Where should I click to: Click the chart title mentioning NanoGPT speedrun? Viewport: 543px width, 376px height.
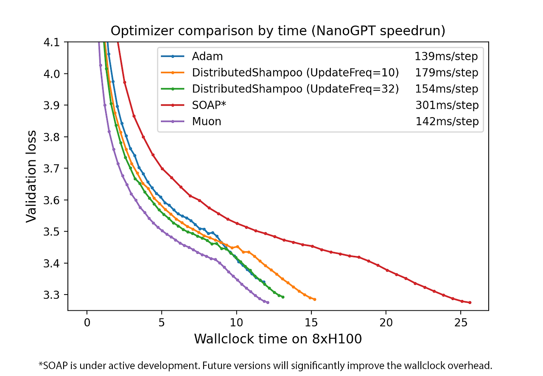coord(277,31)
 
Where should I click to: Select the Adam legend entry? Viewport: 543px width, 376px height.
coord(207,56)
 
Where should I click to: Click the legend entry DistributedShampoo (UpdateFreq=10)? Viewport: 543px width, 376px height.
coord(295,73)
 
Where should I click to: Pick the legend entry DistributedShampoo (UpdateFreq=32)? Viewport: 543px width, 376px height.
coord(295,89)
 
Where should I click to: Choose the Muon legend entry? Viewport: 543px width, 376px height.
coord(206,121)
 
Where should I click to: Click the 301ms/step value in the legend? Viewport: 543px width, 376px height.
coord(447,105)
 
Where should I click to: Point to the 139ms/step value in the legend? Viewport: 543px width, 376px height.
coord(446,56)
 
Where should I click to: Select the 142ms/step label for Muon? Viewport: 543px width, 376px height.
coord(447,121)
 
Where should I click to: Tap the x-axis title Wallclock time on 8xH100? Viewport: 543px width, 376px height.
coord(278,339)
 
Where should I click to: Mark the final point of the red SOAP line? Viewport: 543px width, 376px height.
coord(470,303)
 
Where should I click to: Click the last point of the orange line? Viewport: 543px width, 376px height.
coord(314,299)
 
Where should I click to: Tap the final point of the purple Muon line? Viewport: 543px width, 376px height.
coord(268,302)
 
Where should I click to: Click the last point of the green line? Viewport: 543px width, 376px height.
coord(283,297)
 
